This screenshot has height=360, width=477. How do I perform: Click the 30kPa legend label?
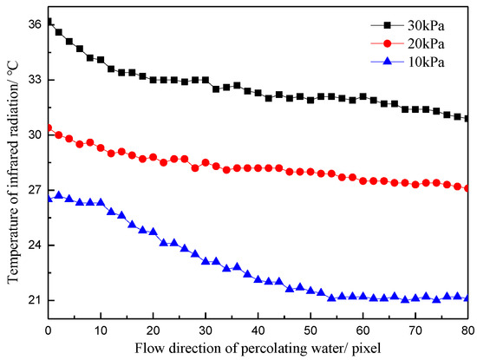tap(426, 25)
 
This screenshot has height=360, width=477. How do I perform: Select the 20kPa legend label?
tap(426, 44)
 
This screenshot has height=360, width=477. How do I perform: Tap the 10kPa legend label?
tap(426, 62)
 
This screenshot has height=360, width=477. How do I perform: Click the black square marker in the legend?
tap(387, 25)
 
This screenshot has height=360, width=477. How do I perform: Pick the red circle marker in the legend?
tap(387, 44)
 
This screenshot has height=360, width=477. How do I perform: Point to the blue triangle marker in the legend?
tap(387, 62)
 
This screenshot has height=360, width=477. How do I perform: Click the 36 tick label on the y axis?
tap(35, 24)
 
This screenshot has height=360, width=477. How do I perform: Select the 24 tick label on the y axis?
tap(35, 245)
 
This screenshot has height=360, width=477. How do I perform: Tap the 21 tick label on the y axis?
tap(35, 300)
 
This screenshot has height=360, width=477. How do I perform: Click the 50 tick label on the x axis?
tap(310, 331)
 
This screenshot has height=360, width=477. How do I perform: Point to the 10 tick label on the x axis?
tap(101, 331)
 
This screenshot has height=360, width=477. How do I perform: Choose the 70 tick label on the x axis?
tap(415, 331)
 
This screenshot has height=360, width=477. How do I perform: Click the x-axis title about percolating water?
tap(258, 348)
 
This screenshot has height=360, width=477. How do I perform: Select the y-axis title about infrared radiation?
tap(13, 172)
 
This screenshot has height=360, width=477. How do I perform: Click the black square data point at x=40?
tap(258, 93)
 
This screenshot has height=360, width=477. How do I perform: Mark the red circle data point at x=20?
tap(153, 157)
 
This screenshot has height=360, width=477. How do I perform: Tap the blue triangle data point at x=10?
tap(101, 202)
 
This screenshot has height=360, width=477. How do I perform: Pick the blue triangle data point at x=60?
tap(363, 296)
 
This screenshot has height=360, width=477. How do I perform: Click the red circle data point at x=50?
tap(310, 172)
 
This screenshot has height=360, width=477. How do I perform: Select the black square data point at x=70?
tap(415, 109)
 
